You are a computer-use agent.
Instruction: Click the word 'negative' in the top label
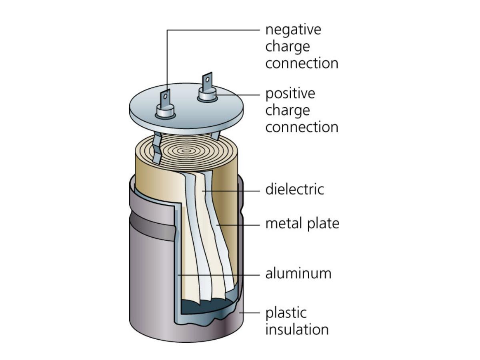pyautogui.click(x=293, y=30)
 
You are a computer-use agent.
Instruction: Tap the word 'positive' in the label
pyautogui.click(x=290, y=94)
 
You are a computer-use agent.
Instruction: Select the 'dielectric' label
pyautogui.click(x=294, y=189)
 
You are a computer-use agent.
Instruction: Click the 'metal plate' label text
pyautogui.click(x=302, y=223)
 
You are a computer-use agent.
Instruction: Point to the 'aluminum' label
pyautogui.click(x=298, y=274)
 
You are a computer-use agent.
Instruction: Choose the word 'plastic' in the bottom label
pyautogui.click(x=286, y=313)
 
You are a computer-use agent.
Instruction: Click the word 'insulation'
pyautogui.click(x=297, y=330)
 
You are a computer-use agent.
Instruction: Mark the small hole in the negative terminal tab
pyautogui.click(x=165, y=96)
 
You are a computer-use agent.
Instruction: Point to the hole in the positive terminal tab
pyautogui.click(x=207, y=79)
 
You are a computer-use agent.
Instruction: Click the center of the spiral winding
pyautogui.click(x=186, y=151)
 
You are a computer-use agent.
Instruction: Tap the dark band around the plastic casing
pyautogui.click(x=152, y=226)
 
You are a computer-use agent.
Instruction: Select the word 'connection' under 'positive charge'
pyautogui.click(x=302, y=127)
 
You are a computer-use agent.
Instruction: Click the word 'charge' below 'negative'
pyautogui.click(x=287, y=47)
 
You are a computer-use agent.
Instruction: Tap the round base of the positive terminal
pyautogui.click(x=208, y=96)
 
